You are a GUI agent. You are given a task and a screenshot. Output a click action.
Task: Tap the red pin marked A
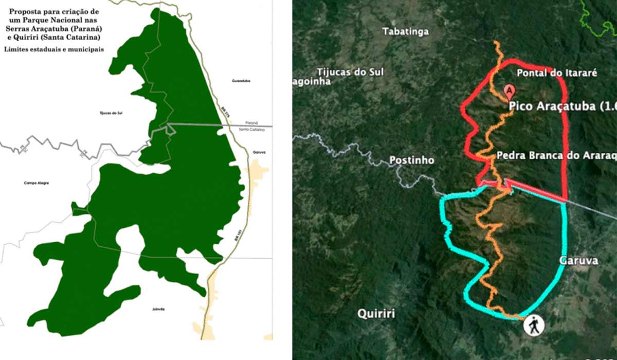pyautogui.click(x=509, y=91)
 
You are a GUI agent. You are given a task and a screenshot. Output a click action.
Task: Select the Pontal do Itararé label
pyautogui.click(x=556, y=73)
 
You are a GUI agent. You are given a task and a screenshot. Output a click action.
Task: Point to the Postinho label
pyautogui.click(x=411, y=160)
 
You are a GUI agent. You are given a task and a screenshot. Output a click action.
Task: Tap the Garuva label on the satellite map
pyautogui.click(x=578, y=261)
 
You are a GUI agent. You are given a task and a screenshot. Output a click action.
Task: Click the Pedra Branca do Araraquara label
pyautogui.click(x=555, y=155)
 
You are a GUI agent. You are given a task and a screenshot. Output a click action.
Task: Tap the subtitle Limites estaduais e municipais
pyautogui.click(x=53, y=49)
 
